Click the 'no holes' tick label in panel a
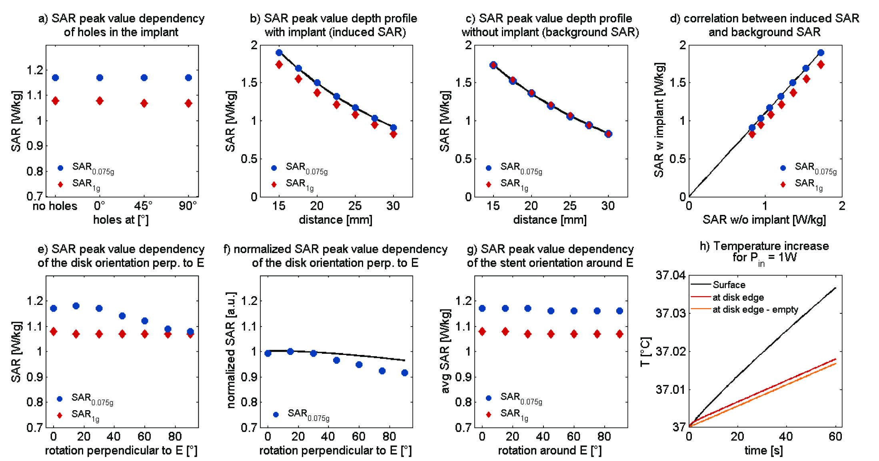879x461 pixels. (x=55, y=206)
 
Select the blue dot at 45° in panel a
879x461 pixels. (x=144, y=78)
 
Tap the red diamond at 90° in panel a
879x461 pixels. (x=188, y=103)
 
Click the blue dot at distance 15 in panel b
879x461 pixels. (x=279, y=52)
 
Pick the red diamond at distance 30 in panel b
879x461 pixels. (x=394, y=134)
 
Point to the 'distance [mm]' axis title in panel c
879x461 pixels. (x=550, y=220)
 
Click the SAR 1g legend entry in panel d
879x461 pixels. (x=808, y=184)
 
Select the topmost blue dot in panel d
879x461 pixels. (x=821, y=52)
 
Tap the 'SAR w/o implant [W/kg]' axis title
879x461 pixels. (x=764, y=220)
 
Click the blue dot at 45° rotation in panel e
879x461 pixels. (x=122, y=316)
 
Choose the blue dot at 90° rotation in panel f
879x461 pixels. (x=405, y=373)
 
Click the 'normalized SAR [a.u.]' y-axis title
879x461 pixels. (x=231, y=350)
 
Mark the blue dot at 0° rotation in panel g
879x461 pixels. (x=482, y=308)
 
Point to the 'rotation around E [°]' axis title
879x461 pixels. (x=550, y=451)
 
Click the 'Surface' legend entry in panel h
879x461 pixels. (x=729, y=285)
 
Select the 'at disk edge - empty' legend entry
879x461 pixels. (x=755, y=310)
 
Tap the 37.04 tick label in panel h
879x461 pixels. (x=670, y=275)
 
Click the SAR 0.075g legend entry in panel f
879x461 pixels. (x=308, y=414)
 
